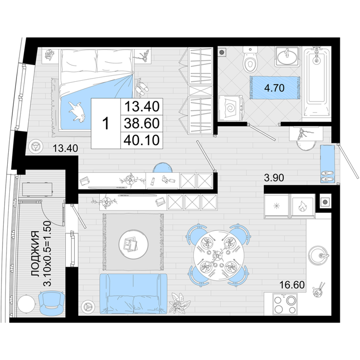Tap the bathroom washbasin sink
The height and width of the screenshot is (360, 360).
[286, 56]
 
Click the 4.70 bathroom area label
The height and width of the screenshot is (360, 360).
[274, 88]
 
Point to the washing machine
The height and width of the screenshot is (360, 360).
[231, 108]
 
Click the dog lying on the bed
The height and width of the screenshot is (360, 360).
[77, 112]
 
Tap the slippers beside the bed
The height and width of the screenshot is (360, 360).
[142, 88]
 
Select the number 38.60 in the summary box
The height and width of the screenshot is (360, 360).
[141, 123]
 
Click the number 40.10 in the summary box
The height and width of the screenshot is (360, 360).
[141, 140]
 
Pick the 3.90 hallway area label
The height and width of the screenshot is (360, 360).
[274, 178]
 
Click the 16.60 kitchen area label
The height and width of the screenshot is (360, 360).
[292, 285]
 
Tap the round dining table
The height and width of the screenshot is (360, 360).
[217, 256]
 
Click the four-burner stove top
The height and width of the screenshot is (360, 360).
[285, 304]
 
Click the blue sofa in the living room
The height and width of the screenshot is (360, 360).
[133, 294]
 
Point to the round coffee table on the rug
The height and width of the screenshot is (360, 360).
[133, 244]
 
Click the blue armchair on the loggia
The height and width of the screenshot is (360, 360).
[51, 303]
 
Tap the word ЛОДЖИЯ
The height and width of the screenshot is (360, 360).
[35, 254]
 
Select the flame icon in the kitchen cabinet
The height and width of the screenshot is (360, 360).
[302, 206]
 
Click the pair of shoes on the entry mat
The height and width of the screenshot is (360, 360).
[328, 176]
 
